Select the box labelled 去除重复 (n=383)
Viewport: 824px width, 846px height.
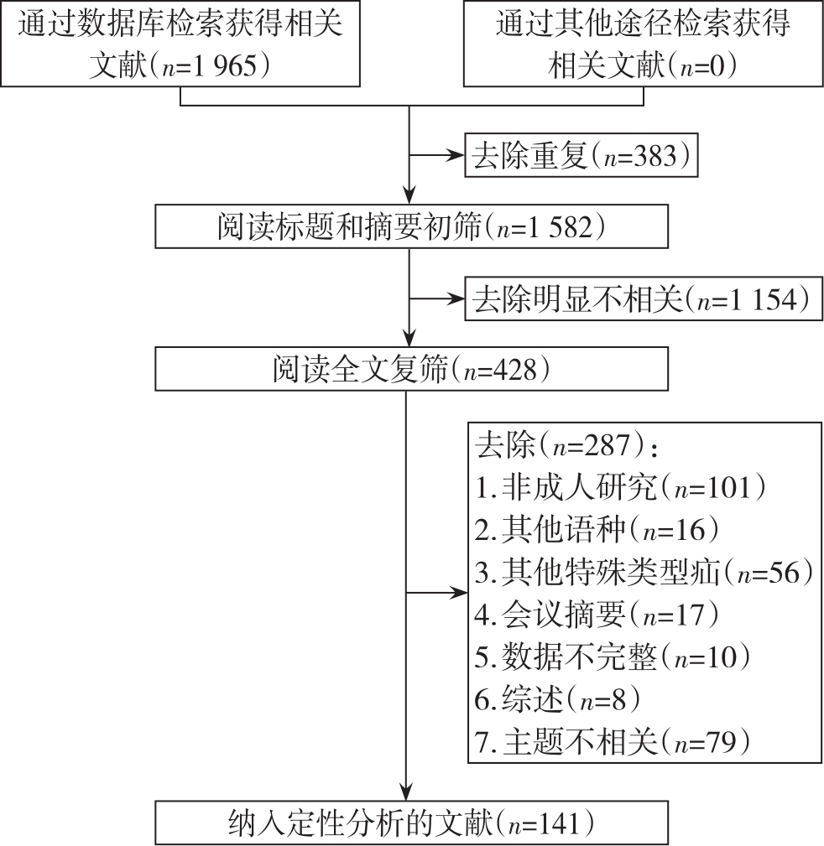tap(581, 155)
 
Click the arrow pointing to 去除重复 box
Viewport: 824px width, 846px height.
tap(437, 155)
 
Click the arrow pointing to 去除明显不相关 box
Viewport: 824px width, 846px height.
tap(437, 298)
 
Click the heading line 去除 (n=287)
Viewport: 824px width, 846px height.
tap(566, 446)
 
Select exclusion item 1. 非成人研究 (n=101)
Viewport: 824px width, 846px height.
tap(620, 488)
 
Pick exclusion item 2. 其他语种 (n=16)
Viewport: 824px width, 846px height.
tap(596, 530)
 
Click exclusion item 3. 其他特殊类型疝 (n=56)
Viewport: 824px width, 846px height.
tap(644, 573)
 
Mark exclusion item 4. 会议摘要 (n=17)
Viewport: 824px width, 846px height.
tap(596, 615)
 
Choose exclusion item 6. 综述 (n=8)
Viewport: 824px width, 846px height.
tap(556, 699)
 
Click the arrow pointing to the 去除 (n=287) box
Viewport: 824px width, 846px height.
tap(437, 593)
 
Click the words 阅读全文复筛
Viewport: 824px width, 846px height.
tap(360, 370)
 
